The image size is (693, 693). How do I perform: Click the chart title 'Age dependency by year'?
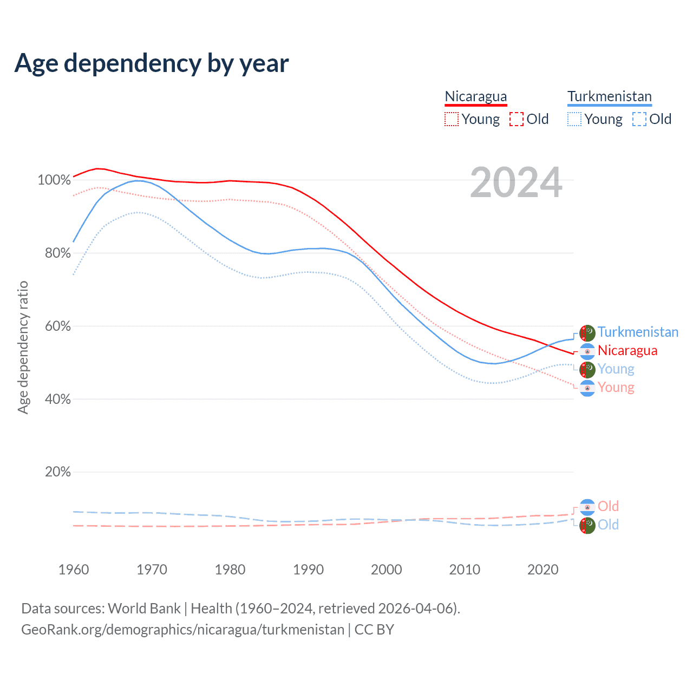[x=152, y=63]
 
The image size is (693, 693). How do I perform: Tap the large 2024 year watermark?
[x=516, y=182]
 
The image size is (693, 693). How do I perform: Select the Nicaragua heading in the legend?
[x=476, y=96]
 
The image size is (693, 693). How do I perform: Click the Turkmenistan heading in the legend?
[x=609, y=96]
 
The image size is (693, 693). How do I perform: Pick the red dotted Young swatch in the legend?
[x=451, y=119]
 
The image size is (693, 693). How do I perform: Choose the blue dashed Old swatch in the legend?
[x=639, y=119]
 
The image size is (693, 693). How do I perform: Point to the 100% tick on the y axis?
[x=54, y=180]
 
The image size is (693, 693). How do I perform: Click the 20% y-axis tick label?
[x=57, y=472]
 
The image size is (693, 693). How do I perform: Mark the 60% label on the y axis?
[x=57, y=326]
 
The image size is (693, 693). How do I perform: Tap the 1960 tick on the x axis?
[x=74, y=570]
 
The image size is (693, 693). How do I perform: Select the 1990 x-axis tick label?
[x=308, y=570]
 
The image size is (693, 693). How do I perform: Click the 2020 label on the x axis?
[x=542, y=570]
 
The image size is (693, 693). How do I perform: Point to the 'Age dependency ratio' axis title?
[x=23, y=347]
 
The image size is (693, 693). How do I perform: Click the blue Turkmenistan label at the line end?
[x=638, y=332]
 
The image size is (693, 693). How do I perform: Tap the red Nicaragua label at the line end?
[x=627, y=350]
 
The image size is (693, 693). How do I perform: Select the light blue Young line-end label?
[x=616, y=369]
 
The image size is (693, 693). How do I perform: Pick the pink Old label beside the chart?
[x=608, y=506]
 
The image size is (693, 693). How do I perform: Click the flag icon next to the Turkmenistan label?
[x=587, y=333]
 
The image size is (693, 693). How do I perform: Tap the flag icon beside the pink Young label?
[x=587, y=388]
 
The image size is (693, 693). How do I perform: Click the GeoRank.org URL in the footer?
[x=182, y=630]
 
